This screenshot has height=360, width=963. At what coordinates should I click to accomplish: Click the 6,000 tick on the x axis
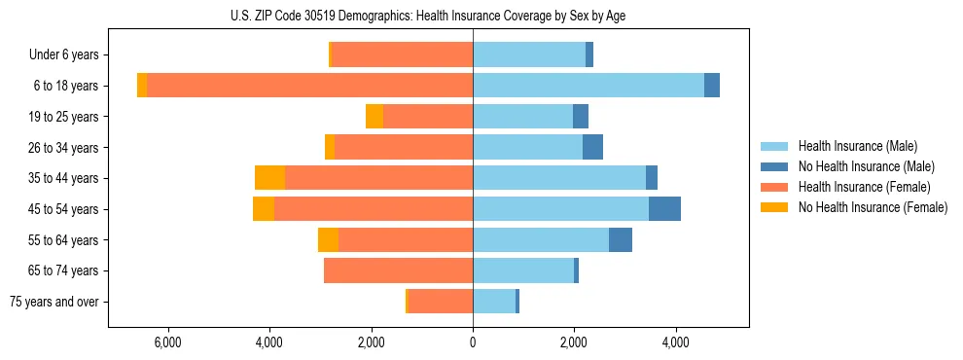(x=167, y=342)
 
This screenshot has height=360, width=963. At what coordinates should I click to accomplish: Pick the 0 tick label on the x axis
(x=473, y=342)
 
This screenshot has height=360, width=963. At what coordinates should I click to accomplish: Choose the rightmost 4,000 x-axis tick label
(x=676, y=342)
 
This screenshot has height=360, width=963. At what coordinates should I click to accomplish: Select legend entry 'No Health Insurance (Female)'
(x=873, y=207)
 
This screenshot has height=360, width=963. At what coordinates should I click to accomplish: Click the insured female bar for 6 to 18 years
(x=309, y=86)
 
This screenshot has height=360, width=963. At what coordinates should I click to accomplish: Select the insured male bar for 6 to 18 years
(x=588, y=86)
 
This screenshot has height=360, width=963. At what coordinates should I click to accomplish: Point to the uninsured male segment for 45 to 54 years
(x=664, y=209)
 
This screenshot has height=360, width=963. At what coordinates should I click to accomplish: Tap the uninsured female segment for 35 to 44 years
(x=269, y=178)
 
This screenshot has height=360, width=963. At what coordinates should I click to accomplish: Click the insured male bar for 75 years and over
(x=494, y=302)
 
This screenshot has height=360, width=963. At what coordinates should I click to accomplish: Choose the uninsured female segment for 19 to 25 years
(x=374, y=117)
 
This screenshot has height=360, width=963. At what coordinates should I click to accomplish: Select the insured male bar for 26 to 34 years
(x=527, y=147)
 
